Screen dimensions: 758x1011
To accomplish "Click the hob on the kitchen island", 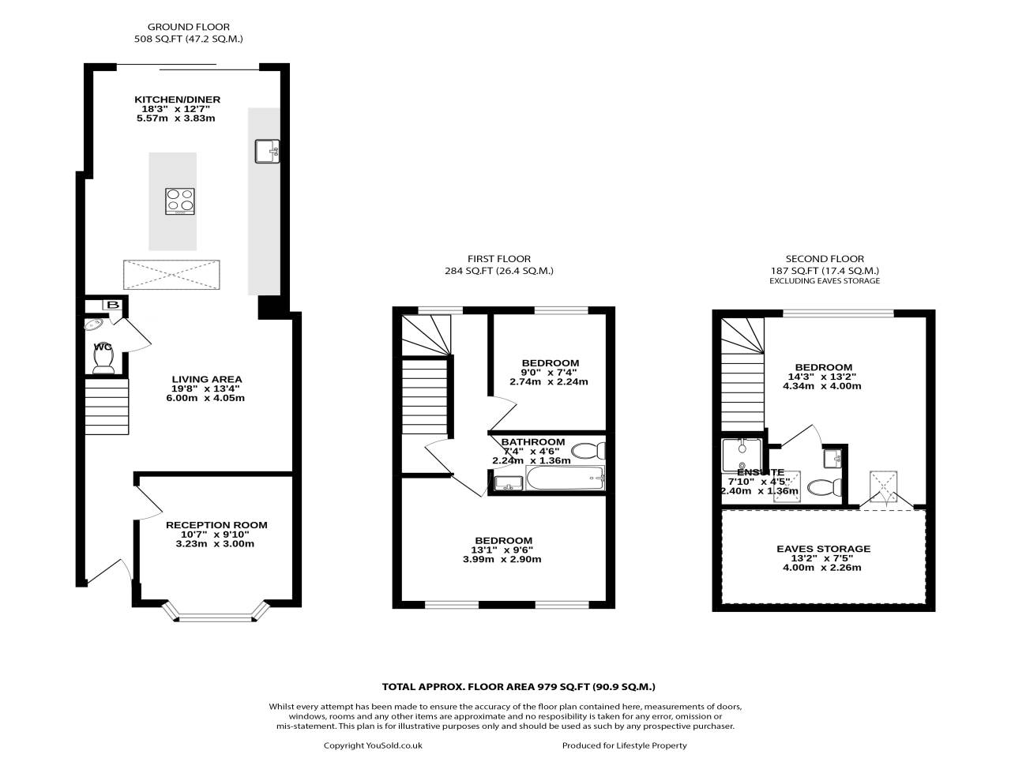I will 180,201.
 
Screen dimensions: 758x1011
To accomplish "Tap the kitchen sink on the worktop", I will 268,150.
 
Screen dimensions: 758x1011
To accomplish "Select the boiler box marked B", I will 112,306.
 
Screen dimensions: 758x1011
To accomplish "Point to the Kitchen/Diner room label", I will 177,99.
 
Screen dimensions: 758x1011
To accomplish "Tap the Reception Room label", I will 216,525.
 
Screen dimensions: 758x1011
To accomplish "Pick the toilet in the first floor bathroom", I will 588,452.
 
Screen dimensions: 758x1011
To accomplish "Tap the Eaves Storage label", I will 823,549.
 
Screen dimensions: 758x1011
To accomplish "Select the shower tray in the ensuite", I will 742,455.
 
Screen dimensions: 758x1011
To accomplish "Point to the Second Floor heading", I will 825,258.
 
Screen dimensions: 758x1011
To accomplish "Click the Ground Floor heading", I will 177,27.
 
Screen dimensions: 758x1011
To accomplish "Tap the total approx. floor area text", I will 518,687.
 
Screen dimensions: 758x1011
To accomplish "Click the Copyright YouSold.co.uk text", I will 373,745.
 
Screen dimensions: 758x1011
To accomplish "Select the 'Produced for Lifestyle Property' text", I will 624,745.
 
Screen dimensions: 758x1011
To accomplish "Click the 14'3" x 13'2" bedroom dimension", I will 821,377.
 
